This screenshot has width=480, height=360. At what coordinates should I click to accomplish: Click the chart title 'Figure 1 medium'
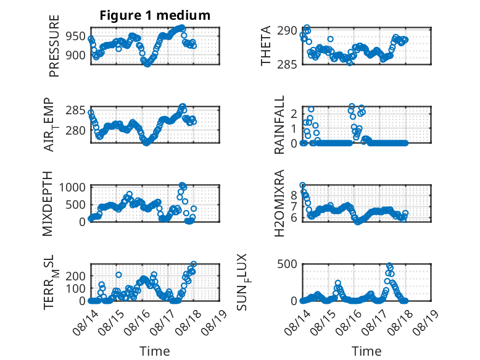pyautogui.click(x=155, y=15)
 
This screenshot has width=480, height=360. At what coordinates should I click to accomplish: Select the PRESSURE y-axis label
pyautogui.click(x=54, y=46)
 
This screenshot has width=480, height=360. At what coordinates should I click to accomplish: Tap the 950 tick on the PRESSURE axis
pyautogui.click(x=76, y=36)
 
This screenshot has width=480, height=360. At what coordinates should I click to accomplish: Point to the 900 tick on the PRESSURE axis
pyautogui.click(x=76, y=56)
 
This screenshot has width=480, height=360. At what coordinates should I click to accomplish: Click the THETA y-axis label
pyautogui.click(x=266, y=46)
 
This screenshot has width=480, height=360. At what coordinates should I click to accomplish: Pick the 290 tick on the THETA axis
pyautogui.click(x=287, y=31)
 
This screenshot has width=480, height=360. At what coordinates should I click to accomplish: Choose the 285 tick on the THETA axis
pyautogui.click(x=287, y=64)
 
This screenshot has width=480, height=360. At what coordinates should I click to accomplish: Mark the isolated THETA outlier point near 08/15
pyautogui.click(x=330, y=39)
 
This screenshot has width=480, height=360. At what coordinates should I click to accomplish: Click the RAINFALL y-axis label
pyautogui.click(x=279, y=125)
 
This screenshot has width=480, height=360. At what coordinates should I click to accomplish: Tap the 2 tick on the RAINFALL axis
pyautogui.click(x=294, y=114)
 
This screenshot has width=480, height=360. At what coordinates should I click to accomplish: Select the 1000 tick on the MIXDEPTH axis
pyautogui.click(x=72, y=187)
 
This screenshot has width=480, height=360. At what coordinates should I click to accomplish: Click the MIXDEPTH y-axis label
pyautogui.click(x=48, y=204)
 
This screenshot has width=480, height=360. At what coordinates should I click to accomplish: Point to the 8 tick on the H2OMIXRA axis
pyautogui.click(x=294, y=195)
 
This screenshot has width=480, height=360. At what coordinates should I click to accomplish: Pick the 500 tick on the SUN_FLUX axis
pyautogui.click(x=287, y=264)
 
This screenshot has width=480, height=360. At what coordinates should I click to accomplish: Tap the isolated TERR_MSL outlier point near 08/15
pyautogui.click(x=119, y=275)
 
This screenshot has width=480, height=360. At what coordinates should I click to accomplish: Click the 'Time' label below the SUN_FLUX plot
pyautogui.click(x=366, y=351)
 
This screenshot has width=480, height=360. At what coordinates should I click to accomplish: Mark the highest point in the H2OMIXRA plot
pyautogui.click(x=302, y=185)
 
